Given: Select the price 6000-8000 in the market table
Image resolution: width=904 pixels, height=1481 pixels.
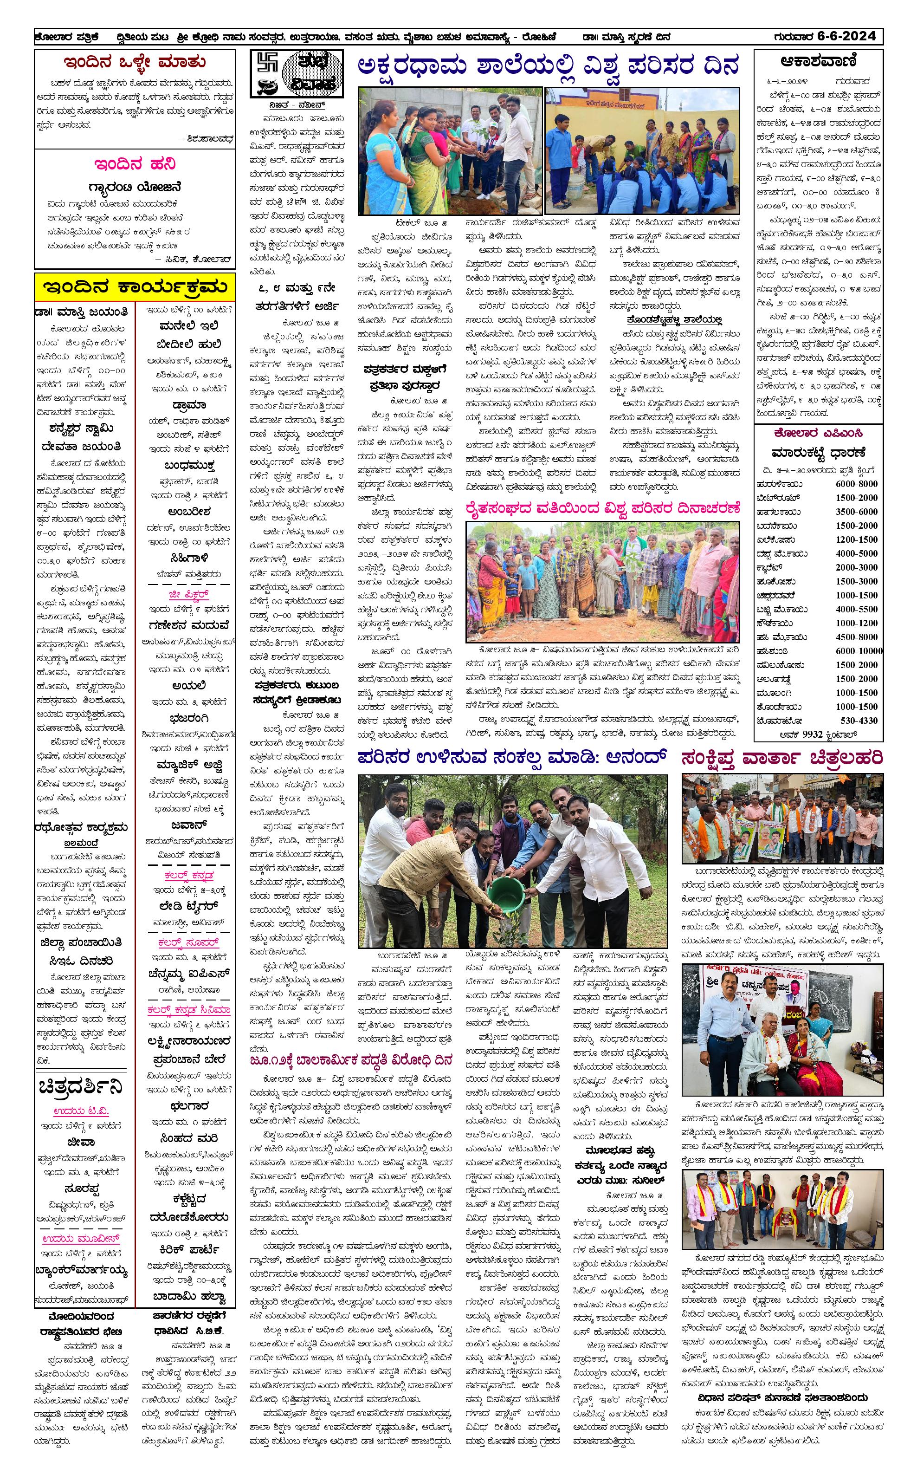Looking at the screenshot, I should tap(856, 484).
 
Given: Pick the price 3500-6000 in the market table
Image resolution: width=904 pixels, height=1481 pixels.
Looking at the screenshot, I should tap(856, 512).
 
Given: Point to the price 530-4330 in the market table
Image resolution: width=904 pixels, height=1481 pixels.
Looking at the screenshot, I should tap(859, 720).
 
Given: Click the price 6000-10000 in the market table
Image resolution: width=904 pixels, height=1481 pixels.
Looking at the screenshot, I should tap(859, 651).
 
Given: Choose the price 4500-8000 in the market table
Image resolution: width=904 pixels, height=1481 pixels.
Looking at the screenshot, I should tap(856, 637).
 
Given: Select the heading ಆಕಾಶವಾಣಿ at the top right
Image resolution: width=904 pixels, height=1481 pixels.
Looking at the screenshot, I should tap(818, 62).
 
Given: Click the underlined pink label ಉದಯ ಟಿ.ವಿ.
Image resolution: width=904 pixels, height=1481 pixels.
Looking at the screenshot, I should tap(80, 1111).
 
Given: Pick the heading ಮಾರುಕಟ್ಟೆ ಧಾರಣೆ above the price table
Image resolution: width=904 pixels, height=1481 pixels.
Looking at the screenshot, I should tap(818, 452).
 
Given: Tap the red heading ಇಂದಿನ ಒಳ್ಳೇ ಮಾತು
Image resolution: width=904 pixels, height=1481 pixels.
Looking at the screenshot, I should tap(135, 63).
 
